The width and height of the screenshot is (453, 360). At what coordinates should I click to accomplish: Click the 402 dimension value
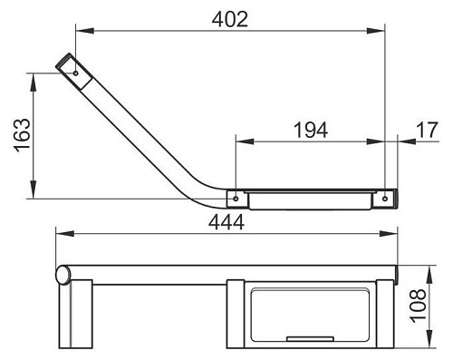230,19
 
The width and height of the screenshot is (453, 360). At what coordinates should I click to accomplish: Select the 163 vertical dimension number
23,135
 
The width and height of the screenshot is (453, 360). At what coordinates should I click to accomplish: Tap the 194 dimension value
311,130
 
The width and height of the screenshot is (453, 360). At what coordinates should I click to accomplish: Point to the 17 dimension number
427,130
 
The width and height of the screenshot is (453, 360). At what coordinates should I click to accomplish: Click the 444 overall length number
226,222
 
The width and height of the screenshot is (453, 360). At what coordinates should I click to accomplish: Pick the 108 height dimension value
418,306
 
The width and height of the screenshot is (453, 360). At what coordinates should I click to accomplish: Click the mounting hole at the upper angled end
76,73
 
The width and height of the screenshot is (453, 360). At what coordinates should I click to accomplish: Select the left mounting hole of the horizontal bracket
236,199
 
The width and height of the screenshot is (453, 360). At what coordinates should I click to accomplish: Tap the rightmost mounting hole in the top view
385,199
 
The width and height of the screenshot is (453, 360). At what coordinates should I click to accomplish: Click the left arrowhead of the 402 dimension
85,31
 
